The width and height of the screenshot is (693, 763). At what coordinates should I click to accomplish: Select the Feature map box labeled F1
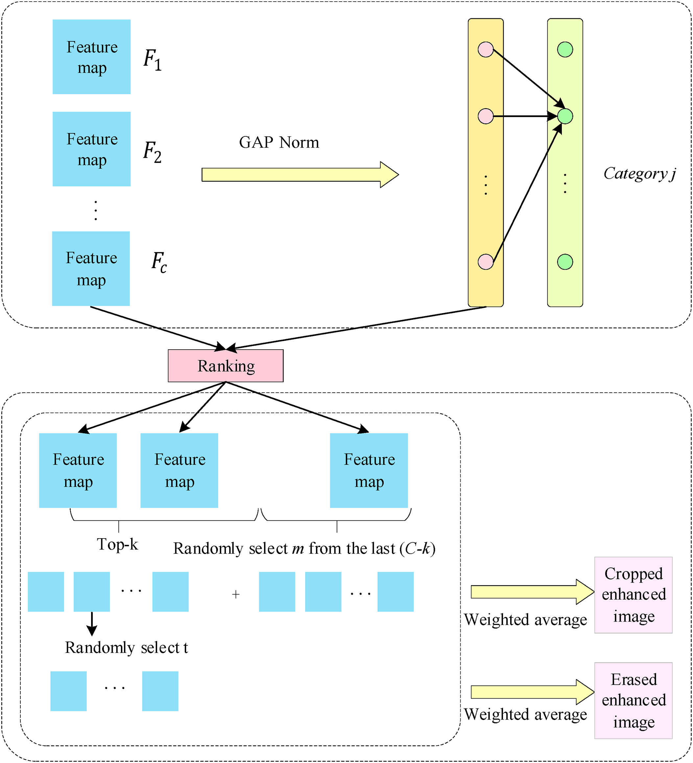pos(92,57)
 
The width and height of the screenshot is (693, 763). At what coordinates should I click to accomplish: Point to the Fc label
pos(159,262)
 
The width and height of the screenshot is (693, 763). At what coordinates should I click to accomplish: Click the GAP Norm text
pos(279,143)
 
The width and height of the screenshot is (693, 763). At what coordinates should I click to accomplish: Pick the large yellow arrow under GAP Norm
pos(299,174)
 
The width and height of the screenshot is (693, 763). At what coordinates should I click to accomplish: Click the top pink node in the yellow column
pos(486,50)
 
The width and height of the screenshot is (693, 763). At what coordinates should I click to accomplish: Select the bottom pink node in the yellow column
pos(486,262)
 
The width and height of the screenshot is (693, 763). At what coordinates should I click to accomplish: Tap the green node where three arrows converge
pos(565,116)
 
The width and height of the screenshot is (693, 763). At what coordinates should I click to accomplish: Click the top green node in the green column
pos(565,50)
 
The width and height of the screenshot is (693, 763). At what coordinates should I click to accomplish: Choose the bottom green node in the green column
pos(565,262)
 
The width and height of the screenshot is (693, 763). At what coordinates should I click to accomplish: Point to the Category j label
pos(639,173)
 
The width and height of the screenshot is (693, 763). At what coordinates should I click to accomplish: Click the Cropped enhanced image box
pos(633,595)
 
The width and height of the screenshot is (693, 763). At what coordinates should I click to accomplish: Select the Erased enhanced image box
pos(633,701)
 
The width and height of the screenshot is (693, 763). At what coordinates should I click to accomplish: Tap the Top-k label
pos(117,544)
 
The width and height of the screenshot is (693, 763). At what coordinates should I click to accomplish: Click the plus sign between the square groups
pos(235,594)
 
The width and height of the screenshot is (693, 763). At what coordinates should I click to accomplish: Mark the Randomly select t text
pos(126,648)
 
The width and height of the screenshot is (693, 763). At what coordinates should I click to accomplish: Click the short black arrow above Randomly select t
pos(92,623)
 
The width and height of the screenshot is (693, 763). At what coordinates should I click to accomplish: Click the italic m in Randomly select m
pos(298,549)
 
